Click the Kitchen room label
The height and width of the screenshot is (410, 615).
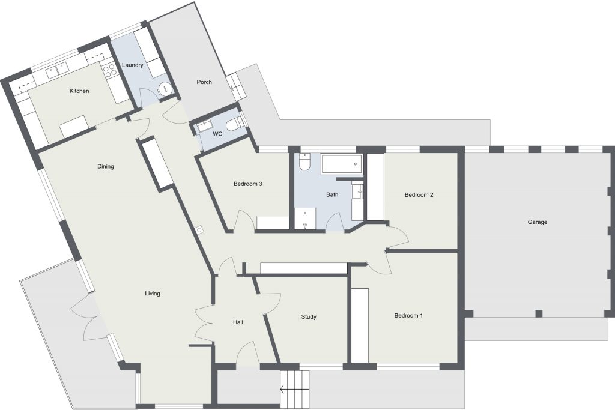pos(79,91)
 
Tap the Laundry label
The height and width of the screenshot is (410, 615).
pos(132,65)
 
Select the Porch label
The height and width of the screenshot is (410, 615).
pos(204,82)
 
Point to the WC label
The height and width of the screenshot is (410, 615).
pos(217,134)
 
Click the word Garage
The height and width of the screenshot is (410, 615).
pos(537,222)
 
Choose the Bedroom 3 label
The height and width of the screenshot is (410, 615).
pos(247,184)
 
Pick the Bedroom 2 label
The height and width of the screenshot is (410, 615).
pos(419,195)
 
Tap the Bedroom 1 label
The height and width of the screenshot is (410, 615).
pos(408,316)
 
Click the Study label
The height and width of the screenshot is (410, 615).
pos(309,317)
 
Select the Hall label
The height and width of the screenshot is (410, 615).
pos(238,322)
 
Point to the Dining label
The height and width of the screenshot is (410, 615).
pos(106,167)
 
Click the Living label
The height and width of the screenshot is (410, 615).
pos(153,293)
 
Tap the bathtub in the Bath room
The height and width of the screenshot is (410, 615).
pos(341,164)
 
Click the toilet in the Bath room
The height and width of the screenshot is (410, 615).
pos(304,162)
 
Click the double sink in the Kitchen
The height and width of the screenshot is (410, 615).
pos(57,71)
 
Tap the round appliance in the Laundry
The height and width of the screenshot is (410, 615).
pos(166,89)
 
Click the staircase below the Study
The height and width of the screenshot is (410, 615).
pos(294,389)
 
